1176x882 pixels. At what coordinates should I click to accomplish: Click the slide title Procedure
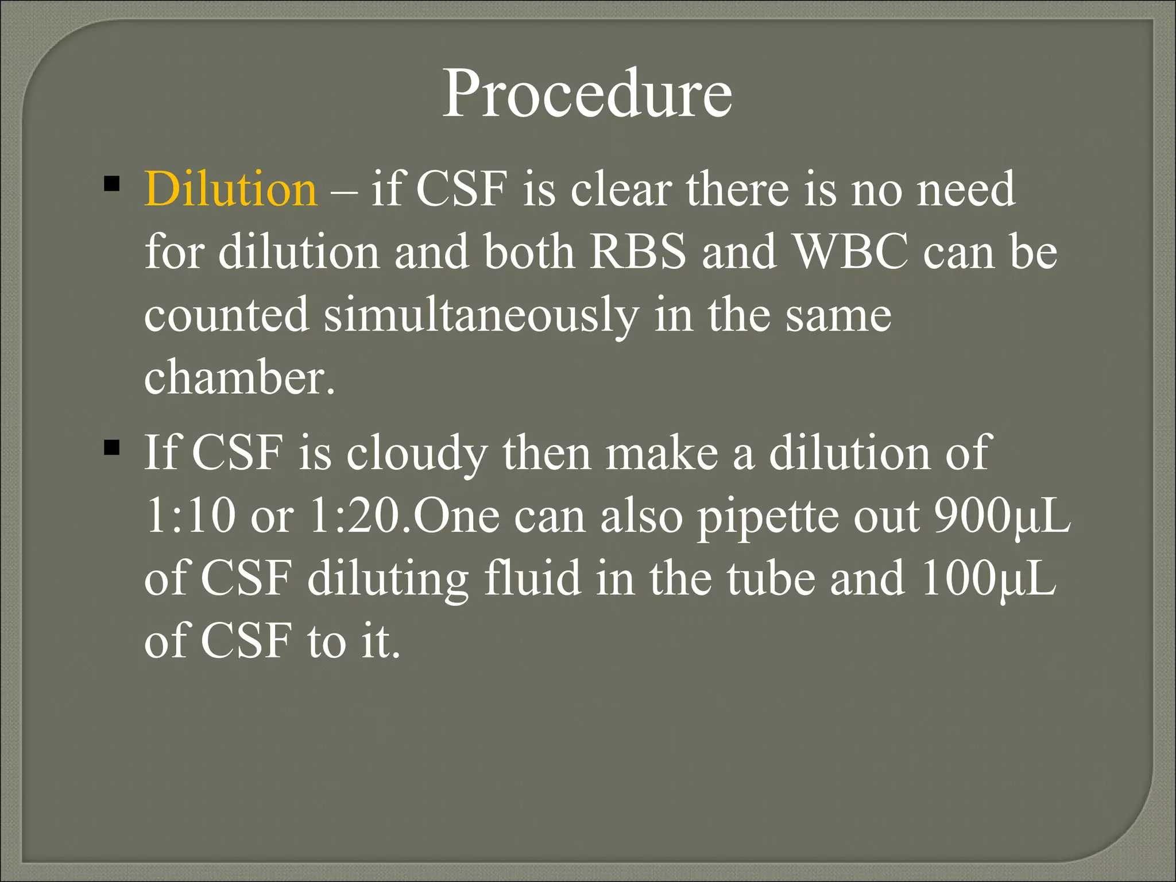(x=587, y=93)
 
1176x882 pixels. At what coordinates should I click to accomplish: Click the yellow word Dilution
(x=230, y=189)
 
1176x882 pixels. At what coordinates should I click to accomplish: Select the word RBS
(x=637, y=252)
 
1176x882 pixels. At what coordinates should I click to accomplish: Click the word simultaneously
(x=481, y=315)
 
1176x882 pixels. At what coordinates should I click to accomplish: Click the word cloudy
(x=417, y=453)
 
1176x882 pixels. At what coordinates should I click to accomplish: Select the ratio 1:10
(x=190, y=515)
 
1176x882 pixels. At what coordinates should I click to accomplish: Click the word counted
(x=226, y=315)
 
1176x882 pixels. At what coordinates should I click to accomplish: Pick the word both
(x=529, y=252)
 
